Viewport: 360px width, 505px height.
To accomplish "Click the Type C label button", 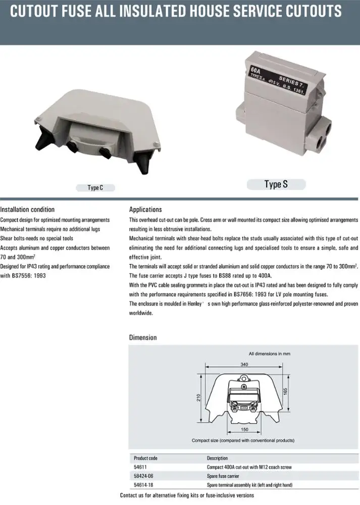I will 95,188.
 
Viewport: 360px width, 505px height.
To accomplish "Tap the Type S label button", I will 276,184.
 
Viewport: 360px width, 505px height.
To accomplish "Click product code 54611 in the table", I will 140,467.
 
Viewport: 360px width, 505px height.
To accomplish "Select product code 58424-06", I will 144,476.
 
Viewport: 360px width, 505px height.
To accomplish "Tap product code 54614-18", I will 144,485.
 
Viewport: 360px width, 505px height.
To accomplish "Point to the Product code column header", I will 145,458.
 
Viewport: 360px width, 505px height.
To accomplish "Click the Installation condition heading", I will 27,210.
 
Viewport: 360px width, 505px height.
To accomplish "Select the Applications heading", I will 145,210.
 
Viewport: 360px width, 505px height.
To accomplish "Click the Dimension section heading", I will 143,337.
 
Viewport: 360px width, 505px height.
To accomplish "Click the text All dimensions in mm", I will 269,353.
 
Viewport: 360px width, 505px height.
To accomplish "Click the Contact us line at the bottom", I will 187,496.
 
